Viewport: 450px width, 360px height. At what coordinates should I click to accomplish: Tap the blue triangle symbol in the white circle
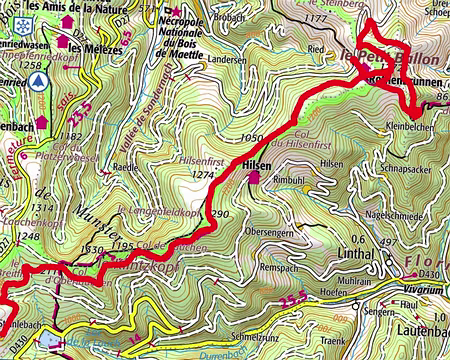(37, 80)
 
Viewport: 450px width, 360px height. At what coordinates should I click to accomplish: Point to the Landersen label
(228, 59)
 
